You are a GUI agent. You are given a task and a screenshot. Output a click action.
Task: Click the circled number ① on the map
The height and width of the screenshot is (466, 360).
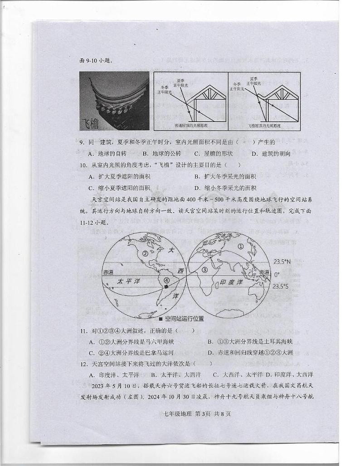pyautogui.click(x=241, y=247)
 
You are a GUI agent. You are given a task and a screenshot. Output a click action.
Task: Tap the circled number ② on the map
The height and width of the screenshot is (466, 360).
pyautogui.click(x=146, y=254)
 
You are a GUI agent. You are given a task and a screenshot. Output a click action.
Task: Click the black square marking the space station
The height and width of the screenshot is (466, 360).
pyautogui.click(x=167, y=287)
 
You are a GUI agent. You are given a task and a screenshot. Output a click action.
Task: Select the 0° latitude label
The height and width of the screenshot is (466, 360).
pyautogui.click(x=277, y=274)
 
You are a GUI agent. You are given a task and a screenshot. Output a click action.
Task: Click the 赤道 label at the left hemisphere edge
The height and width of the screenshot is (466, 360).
pyautogui.click(x=108, y=272)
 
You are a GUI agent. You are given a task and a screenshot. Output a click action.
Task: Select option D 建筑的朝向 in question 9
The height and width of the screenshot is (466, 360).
pyautogui.click(x=270, y=154)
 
